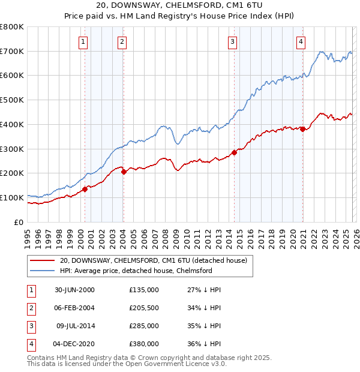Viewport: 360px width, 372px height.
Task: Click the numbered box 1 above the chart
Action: click(82, 41)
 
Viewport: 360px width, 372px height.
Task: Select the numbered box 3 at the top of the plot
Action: click(232, 41)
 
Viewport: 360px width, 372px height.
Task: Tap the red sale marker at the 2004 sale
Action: click(123, 172)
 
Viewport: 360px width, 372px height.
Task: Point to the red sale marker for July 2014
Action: click(234, 152)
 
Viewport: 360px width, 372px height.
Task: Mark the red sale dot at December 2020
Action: click(303, 129)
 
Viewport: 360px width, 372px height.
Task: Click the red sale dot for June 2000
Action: click(85, 189)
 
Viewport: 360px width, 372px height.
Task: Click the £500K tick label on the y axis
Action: click(11, 100)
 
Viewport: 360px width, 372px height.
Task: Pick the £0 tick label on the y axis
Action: click(19, 222)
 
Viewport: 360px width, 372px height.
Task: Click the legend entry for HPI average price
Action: click(136, 271)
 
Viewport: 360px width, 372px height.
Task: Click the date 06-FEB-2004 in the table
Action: click(75, 308)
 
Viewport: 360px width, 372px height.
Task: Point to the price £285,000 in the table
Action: click(143, 326)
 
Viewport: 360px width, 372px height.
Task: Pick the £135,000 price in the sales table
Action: click(143, 290)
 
